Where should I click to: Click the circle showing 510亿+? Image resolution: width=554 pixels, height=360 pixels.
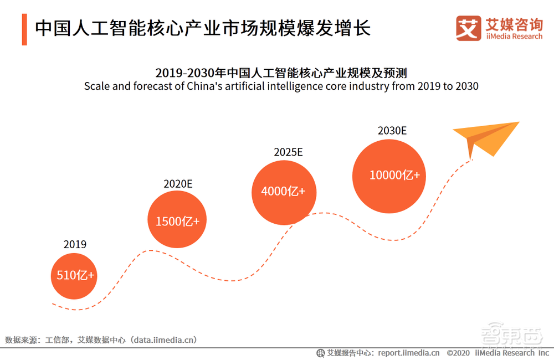pos(74,276)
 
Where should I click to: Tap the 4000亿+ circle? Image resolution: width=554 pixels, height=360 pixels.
pos(283,192)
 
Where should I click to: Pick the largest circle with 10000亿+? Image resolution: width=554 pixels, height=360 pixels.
pos(394,175)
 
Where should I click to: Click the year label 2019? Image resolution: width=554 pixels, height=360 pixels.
pos(75,244)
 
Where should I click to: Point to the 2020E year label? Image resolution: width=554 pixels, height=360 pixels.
pos(177,184)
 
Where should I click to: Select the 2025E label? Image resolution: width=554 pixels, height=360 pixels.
pos(288,152)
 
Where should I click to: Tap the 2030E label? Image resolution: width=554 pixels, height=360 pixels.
pos(392,131)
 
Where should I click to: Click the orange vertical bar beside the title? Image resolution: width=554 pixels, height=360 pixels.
pos(24,29)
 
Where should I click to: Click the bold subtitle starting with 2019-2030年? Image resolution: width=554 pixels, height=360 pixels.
pos(281,73)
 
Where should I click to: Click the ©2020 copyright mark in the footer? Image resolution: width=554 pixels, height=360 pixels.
pos(458,353)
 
